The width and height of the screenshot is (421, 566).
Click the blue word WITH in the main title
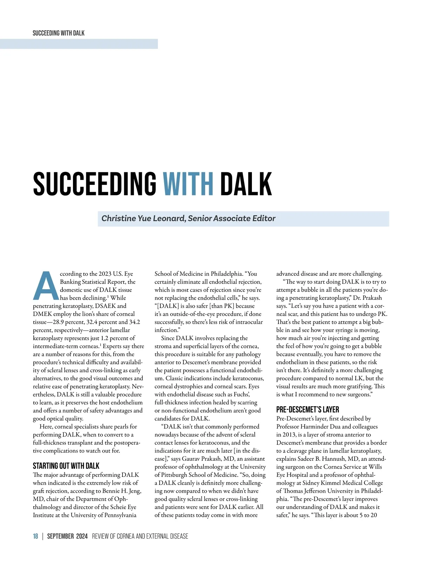point(188,184)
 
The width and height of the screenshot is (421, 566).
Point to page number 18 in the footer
point(35,536)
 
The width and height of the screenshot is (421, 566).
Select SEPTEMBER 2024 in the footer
point(67,536)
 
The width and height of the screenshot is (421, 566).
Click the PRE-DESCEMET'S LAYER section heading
point(307,409)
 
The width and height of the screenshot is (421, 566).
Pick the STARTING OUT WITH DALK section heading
point(66,466)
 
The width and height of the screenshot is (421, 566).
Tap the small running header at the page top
point(59,33)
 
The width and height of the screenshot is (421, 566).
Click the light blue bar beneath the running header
point(79,44)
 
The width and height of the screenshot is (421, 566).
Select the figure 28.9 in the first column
point(60,322)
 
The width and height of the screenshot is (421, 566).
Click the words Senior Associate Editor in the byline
point(232,218)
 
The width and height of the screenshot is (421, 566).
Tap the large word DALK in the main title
point(246,184)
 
